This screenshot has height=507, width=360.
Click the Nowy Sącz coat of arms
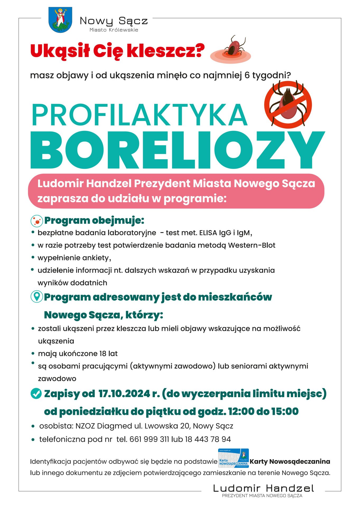(x=60, y=20)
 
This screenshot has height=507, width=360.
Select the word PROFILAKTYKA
(x=139, y=115)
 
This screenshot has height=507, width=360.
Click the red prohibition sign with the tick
(x=288, y=105)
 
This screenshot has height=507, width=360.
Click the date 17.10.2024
(x=124, y=393)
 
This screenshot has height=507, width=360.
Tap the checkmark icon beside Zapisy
(x=36, y=393)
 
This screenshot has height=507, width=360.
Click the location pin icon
(x=37, y=297)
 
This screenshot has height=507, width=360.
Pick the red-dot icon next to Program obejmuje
(x=37, y=221)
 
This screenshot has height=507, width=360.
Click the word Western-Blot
(x=252, y=245)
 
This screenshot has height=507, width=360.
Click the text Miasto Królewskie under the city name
(x=114, y=30)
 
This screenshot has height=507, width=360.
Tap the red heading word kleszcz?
(x=166, y=51)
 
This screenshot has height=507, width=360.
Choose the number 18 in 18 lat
(x=103, y=354)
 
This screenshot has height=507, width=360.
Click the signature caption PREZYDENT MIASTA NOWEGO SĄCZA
(x=262, y=496)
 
